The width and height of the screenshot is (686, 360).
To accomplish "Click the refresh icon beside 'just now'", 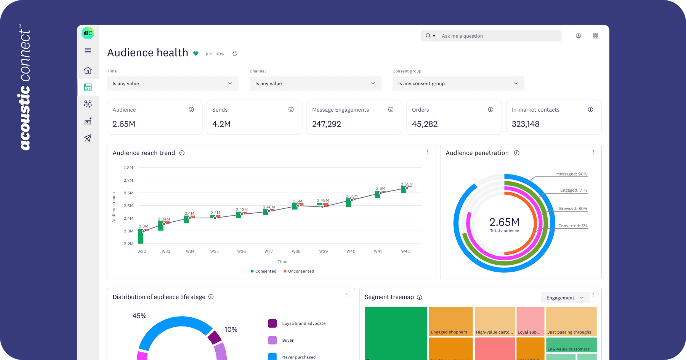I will (x=235, y=54).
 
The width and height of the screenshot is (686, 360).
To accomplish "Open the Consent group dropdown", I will (x=458, y=83).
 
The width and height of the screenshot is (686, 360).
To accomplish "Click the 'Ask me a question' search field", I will (x=495, y=36).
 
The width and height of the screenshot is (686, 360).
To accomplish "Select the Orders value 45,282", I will (x=425, y=124).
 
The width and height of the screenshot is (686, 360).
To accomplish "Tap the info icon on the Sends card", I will (x=291, y=110).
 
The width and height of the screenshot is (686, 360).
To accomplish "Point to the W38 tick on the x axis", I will (x=296, y=251).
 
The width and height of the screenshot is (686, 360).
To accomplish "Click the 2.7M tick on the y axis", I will (x=128, y=180).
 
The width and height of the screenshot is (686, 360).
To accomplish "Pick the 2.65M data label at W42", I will (x=407, y=184).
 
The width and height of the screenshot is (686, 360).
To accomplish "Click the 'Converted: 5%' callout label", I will (x=573, y=226).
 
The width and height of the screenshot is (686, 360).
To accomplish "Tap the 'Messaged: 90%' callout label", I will (x=571, y=174).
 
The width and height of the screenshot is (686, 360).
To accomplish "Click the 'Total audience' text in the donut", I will (x=504, y=231).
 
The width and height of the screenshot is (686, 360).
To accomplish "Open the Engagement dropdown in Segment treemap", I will (x=565, y=298).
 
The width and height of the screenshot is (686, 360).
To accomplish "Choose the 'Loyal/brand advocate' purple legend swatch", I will (x=272, y=323).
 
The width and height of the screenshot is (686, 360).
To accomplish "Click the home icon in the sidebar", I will (x=88, y=70).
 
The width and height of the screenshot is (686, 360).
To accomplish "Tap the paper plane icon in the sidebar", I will (x=88, y=138).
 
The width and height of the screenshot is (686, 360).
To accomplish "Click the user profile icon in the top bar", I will (x=578, y=36).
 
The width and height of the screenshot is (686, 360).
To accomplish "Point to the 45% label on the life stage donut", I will (x=139, y=316).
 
